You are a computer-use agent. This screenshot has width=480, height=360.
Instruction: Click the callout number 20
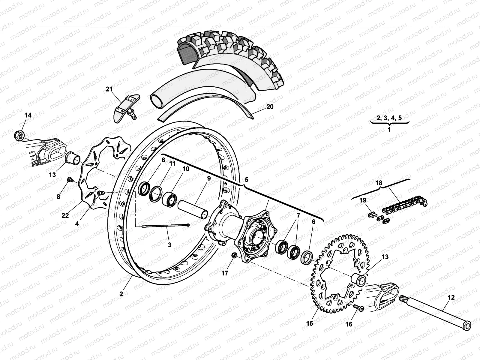point(270,106)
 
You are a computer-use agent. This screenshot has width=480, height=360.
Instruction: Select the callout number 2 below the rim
point(121,294)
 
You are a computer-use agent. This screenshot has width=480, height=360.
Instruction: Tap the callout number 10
point(186,169)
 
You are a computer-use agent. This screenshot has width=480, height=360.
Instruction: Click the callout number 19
point(363,200)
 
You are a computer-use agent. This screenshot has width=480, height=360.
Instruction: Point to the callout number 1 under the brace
point(389,130)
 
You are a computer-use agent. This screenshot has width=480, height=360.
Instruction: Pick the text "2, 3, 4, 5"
point(389,118)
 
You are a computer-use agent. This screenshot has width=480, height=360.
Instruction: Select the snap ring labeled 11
point(156,192)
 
